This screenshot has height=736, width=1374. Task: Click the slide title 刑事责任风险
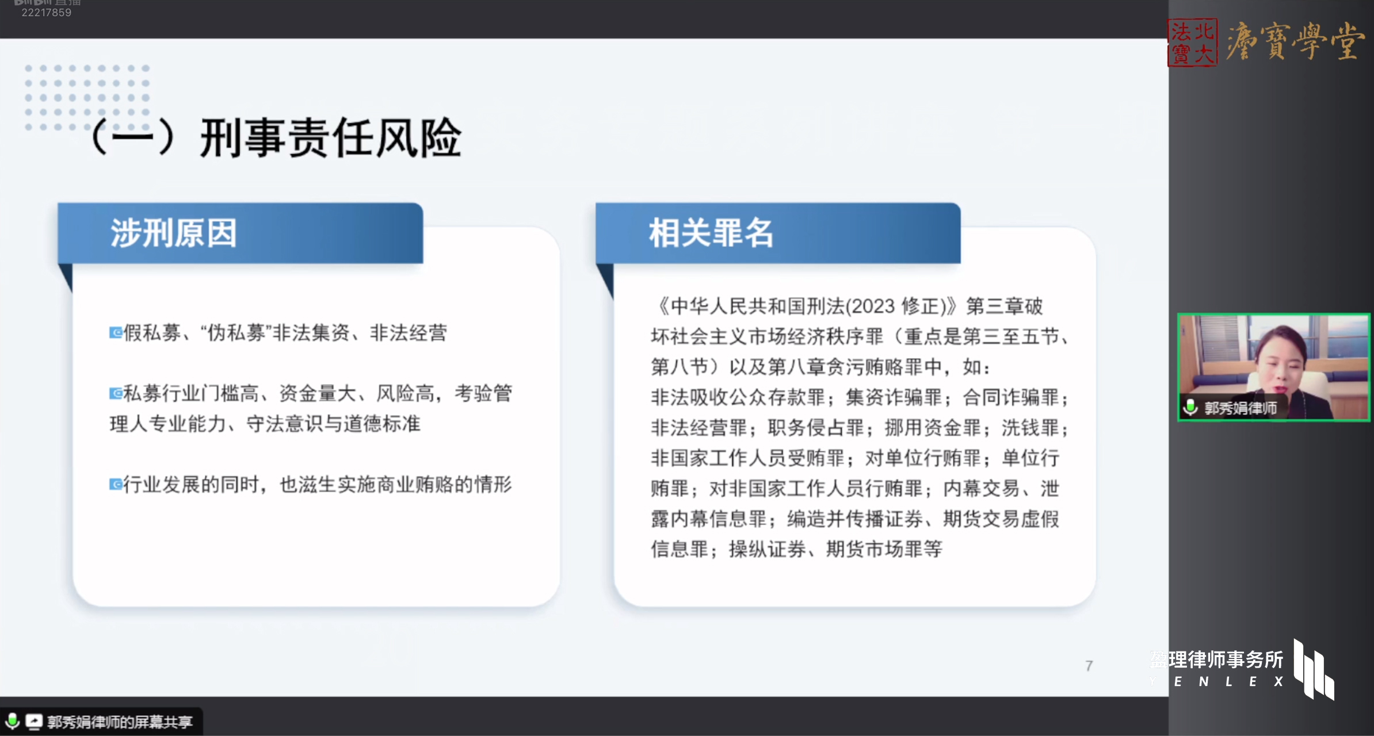coord(331,138)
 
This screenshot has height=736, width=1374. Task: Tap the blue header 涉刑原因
coord(174,233)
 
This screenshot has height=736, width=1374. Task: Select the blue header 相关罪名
coord(711,233)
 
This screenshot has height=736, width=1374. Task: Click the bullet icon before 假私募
coord(116,332)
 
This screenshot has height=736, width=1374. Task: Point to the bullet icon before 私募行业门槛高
coord(116,393)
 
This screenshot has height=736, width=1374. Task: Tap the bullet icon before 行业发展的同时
coord(116,484)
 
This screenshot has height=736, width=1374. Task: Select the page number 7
coord(1089,666)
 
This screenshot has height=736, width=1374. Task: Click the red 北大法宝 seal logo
coord(1192,43)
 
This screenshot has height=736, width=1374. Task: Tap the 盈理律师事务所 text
coord(1216,660)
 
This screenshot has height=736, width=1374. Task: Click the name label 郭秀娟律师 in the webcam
coord(1241,408)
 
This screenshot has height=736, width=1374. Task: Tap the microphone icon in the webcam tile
coord(1190,408)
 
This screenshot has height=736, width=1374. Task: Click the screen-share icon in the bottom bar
coord(34,721)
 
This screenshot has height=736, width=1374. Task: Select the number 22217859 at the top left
coord(47,13)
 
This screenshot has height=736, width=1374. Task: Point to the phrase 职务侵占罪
coord(816,428)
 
